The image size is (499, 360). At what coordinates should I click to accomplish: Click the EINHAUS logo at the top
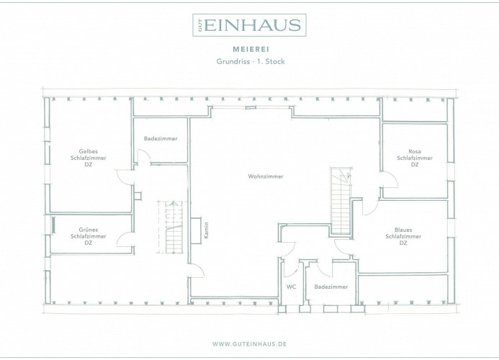pyautogui.click(x=249, y=24)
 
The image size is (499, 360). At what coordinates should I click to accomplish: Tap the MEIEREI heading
pyautogui.click(x=251, y=50)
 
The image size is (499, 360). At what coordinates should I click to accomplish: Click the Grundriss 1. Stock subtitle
pyautogui.click(x=251, y=61)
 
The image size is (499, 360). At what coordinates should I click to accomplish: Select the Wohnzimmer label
pyautogui.click(x=266, y=176)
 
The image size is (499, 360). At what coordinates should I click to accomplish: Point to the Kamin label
pyautogui.click(x=207, y=230)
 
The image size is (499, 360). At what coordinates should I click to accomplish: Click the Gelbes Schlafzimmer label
pyautogui.click(x=88, y=158)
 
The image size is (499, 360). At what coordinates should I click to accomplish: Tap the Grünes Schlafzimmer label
pyautogui.click(x=88, y=236)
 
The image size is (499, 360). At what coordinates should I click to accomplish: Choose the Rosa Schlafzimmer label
pyautogui.click(x=415, y=158)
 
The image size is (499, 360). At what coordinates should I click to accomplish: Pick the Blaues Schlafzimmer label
pyautogui.click(x=403, y=236)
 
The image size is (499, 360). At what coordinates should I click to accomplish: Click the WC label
pyautogui.click(x=291, y=287)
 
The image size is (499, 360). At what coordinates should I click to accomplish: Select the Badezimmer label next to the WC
pyautogui.click(x=331, y=287)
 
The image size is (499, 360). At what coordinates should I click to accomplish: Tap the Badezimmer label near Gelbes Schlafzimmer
pyautogui.click(x=161, y=138)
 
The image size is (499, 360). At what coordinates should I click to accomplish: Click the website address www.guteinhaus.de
pyautogui.click(x=249, y=344)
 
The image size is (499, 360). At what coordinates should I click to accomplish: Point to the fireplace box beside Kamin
pyautogui.click(x=196, y=231)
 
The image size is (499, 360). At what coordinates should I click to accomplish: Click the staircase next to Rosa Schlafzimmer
pyautogui.click(x=341, y=201)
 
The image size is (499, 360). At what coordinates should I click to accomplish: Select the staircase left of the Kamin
pyautogui.click(x=171, y=227)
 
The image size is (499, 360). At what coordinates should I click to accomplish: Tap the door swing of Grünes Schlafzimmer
pyautogui.click(x=125, y=240)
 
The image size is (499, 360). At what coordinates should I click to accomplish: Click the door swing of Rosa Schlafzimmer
pyautogui.click(x=390, y=180)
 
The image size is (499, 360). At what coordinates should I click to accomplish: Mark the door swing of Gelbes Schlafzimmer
pyautogui.click(x=125, y=177)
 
